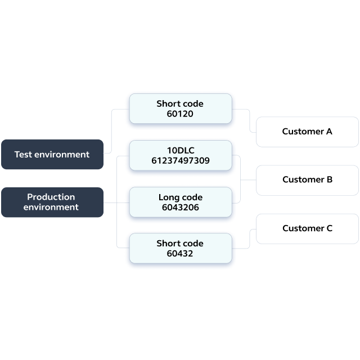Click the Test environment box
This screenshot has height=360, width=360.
coord(52,154)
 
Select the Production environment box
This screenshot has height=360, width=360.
coord(52,202)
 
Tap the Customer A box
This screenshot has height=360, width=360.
coord(307,132)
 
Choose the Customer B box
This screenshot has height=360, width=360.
coord(307,180)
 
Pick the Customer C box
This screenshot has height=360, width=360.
coord(307,229)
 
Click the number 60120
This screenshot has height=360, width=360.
coord(180,114)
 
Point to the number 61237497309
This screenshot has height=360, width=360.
coord(181,160)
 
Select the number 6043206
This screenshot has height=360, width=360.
coord(181,208)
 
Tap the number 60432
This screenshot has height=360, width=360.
coord(180,254)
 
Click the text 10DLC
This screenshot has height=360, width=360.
coord(181,150)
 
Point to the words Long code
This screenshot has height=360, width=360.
coord(181,197)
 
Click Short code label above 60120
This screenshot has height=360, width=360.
coord(180,103)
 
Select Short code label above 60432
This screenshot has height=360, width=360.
coord(180,244)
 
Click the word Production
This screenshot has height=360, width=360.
coord(51,197)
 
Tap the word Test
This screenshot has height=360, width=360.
coord(23,155)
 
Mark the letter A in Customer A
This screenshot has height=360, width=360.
coord(329,131)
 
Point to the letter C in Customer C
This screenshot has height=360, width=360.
coord(330,228)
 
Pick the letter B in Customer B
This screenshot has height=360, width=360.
coord(330,179)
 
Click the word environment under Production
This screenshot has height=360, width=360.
coord(51,207)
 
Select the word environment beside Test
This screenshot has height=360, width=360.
coord(62,155)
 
